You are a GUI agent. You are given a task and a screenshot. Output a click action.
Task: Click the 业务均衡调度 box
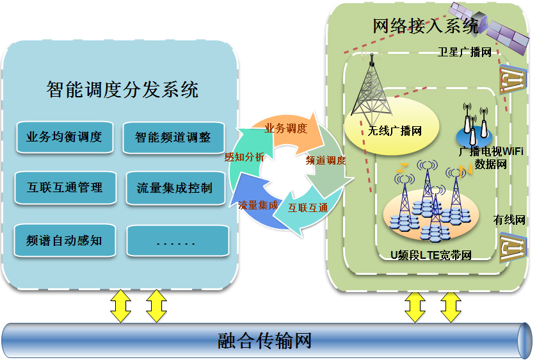pos(65,137)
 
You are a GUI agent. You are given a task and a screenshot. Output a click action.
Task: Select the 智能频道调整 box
pos(173,138)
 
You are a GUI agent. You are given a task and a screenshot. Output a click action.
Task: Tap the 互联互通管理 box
pos(65,188)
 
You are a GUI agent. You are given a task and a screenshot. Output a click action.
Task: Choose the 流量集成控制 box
pos(175,188)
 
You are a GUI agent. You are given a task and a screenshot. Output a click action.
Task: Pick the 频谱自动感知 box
pos(65,240)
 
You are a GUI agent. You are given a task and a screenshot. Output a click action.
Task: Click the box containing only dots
pos(178,241)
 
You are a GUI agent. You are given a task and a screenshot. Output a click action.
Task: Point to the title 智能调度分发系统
pos(122,90)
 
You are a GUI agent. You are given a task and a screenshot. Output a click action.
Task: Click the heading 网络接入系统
pos(426,26)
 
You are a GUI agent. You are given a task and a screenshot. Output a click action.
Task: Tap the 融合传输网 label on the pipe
pos(264,341)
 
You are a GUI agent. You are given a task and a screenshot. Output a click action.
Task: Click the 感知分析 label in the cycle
pos(244,157)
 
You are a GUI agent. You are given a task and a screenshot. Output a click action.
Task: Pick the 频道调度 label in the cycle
pos(326,160)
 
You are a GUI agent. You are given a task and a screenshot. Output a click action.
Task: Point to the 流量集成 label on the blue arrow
pos(258,205)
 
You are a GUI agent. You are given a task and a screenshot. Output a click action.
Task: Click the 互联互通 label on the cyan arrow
pos(308,208)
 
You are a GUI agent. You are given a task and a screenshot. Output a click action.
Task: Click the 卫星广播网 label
pos(465,53)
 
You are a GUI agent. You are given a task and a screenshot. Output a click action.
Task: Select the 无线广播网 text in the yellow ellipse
pos(395,131)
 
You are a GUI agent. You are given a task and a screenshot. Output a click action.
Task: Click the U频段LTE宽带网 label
pos(431,255)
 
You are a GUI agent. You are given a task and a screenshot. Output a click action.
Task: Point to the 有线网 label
pos(509,220)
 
